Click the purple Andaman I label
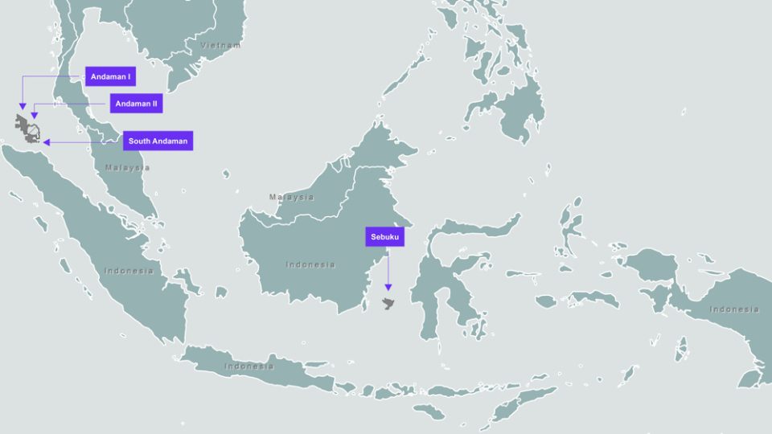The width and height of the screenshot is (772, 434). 111,77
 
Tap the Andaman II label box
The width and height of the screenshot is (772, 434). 137,104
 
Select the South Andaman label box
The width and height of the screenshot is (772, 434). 158,141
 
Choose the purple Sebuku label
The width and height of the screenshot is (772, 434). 384,237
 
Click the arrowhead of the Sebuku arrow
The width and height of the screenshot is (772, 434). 388,288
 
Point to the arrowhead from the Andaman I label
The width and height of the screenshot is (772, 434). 23,109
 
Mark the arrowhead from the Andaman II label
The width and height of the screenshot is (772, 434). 35,117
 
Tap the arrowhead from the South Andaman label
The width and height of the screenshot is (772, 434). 47,142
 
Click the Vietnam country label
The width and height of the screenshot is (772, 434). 220,45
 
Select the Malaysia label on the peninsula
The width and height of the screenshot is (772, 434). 127,168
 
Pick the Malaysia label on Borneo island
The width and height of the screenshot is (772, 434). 291,197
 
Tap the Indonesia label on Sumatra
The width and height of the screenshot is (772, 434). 128,271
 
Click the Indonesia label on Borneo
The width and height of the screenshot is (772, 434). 310,264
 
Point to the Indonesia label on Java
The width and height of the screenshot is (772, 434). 248,366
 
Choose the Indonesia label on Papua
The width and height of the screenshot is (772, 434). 733,309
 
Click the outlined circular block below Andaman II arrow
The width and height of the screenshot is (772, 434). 35,132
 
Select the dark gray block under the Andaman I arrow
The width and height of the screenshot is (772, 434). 22,124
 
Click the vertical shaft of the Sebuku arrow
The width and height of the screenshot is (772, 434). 388,265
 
